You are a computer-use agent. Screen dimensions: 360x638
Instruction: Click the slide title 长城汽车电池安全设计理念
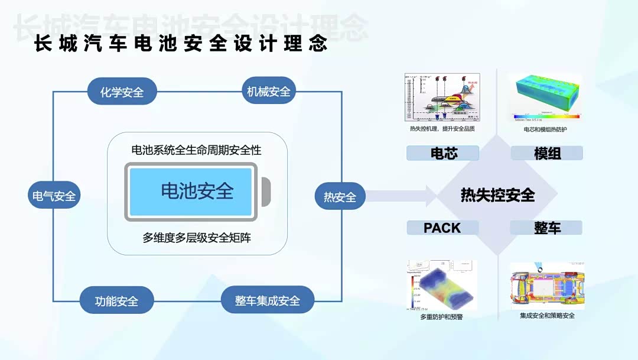[181, 44]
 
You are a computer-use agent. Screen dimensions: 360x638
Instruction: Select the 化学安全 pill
[122, 92]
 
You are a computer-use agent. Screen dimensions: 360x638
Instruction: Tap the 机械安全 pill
[269, 92]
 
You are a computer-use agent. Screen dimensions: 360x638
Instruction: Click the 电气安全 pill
[54, 196]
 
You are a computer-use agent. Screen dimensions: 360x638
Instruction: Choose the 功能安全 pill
[116, 300]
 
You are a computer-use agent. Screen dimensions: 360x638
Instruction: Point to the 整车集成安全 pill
[267, 300]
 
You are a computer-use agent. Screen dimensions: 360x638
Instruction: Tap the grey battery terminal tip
[266, 192]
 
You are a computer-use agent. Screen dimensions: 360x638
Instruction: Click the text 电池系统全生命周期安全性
[196, 150]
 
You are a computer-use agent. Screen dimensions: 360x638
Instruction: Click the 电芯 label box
[444, 154]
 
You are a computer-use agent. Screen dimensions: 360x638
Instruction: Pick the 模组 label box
[547, 154]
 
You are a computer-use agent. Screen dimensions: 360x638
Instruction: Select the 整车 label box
[547, 228]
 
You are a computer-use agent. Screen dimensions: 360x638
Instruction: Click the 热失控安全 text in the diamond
[497, 194]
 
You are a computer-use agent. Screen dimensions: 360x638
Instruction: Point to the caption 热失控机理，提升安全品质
[442, 128]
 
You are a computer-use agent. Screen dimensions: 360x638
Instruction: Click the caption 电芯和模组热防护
[545, 129]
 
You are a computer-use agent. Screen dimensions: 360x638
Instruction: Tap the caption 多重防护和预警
[441, 317]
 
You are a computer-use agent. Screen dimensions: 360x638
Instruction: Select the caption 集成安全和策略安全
[547, 316]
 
